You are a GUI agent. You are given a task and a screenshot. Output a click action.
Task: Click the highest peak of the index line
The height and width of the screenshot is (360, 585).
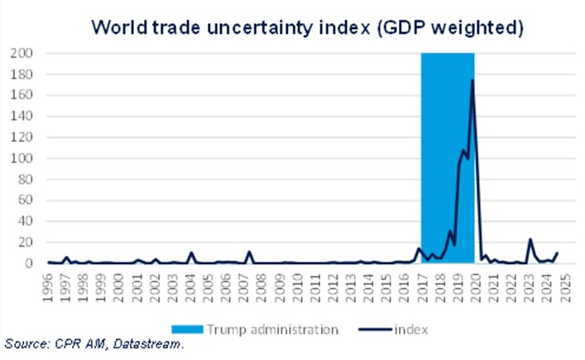click(x=472, y=80)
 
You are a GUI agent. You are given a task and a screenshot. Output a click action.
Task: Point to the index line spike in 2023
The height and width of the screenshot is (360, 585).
click(x=530, y=240)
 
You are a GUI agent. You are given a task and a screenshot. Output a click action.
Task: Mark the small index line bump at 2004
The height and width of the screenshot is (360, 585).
click(x=192, y=253)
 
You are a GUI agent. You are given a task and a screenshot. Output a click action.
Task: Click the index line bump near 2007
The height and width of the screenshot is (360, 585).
click(x=249, y=252)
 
